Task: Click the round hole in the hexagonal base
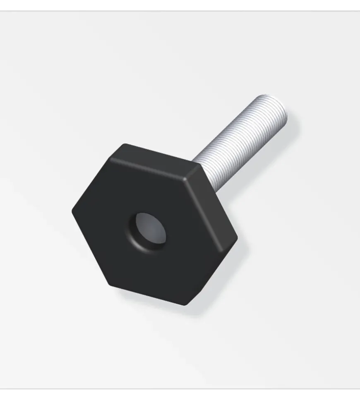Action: coord(149,231)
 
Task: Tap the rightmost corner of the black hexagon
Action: coord(237,239)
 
